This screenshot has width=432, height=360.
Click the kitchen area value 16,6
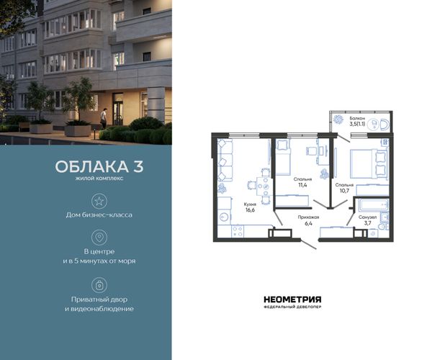point(250,210)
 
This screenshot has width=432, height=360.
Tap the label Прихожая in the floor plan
point(308,217)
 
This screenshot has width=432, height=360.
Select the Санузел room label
point(367,217)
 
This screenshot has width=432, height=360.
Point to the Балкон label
point(357,118)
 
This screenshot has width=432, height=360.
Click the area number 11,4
point(302,185)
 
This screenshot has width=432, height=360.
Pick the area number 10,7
point(344,190)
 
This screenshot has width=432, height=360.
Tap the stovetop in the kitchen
point(238,231)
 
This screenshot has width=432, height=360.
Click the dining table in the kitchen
point(264,186)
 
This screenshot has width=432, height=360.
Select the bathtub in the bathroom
point(373,205)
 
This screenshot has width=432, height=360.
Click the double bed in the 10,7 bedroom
point(369,163)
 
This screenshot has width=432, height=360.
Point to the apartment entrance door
point(309,244)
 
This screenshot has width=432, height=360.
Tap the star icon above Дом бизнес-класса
point(99,201)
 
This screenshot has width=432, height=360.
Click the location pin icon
point(99,237)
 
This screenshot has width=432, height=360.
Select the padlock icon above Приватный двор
point(99,285)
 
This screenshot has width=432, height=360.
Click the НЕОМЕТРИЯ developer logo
point(292,302)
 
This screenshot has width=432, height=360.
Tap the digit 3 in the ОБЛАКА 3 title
point(138,166)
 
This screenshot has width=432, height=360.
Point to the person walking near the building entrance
point(103,118)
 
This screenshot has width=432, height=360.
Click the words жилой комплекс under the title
point(99,179)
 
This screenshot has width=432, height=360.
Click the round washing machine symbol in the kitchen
point(224,217)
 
